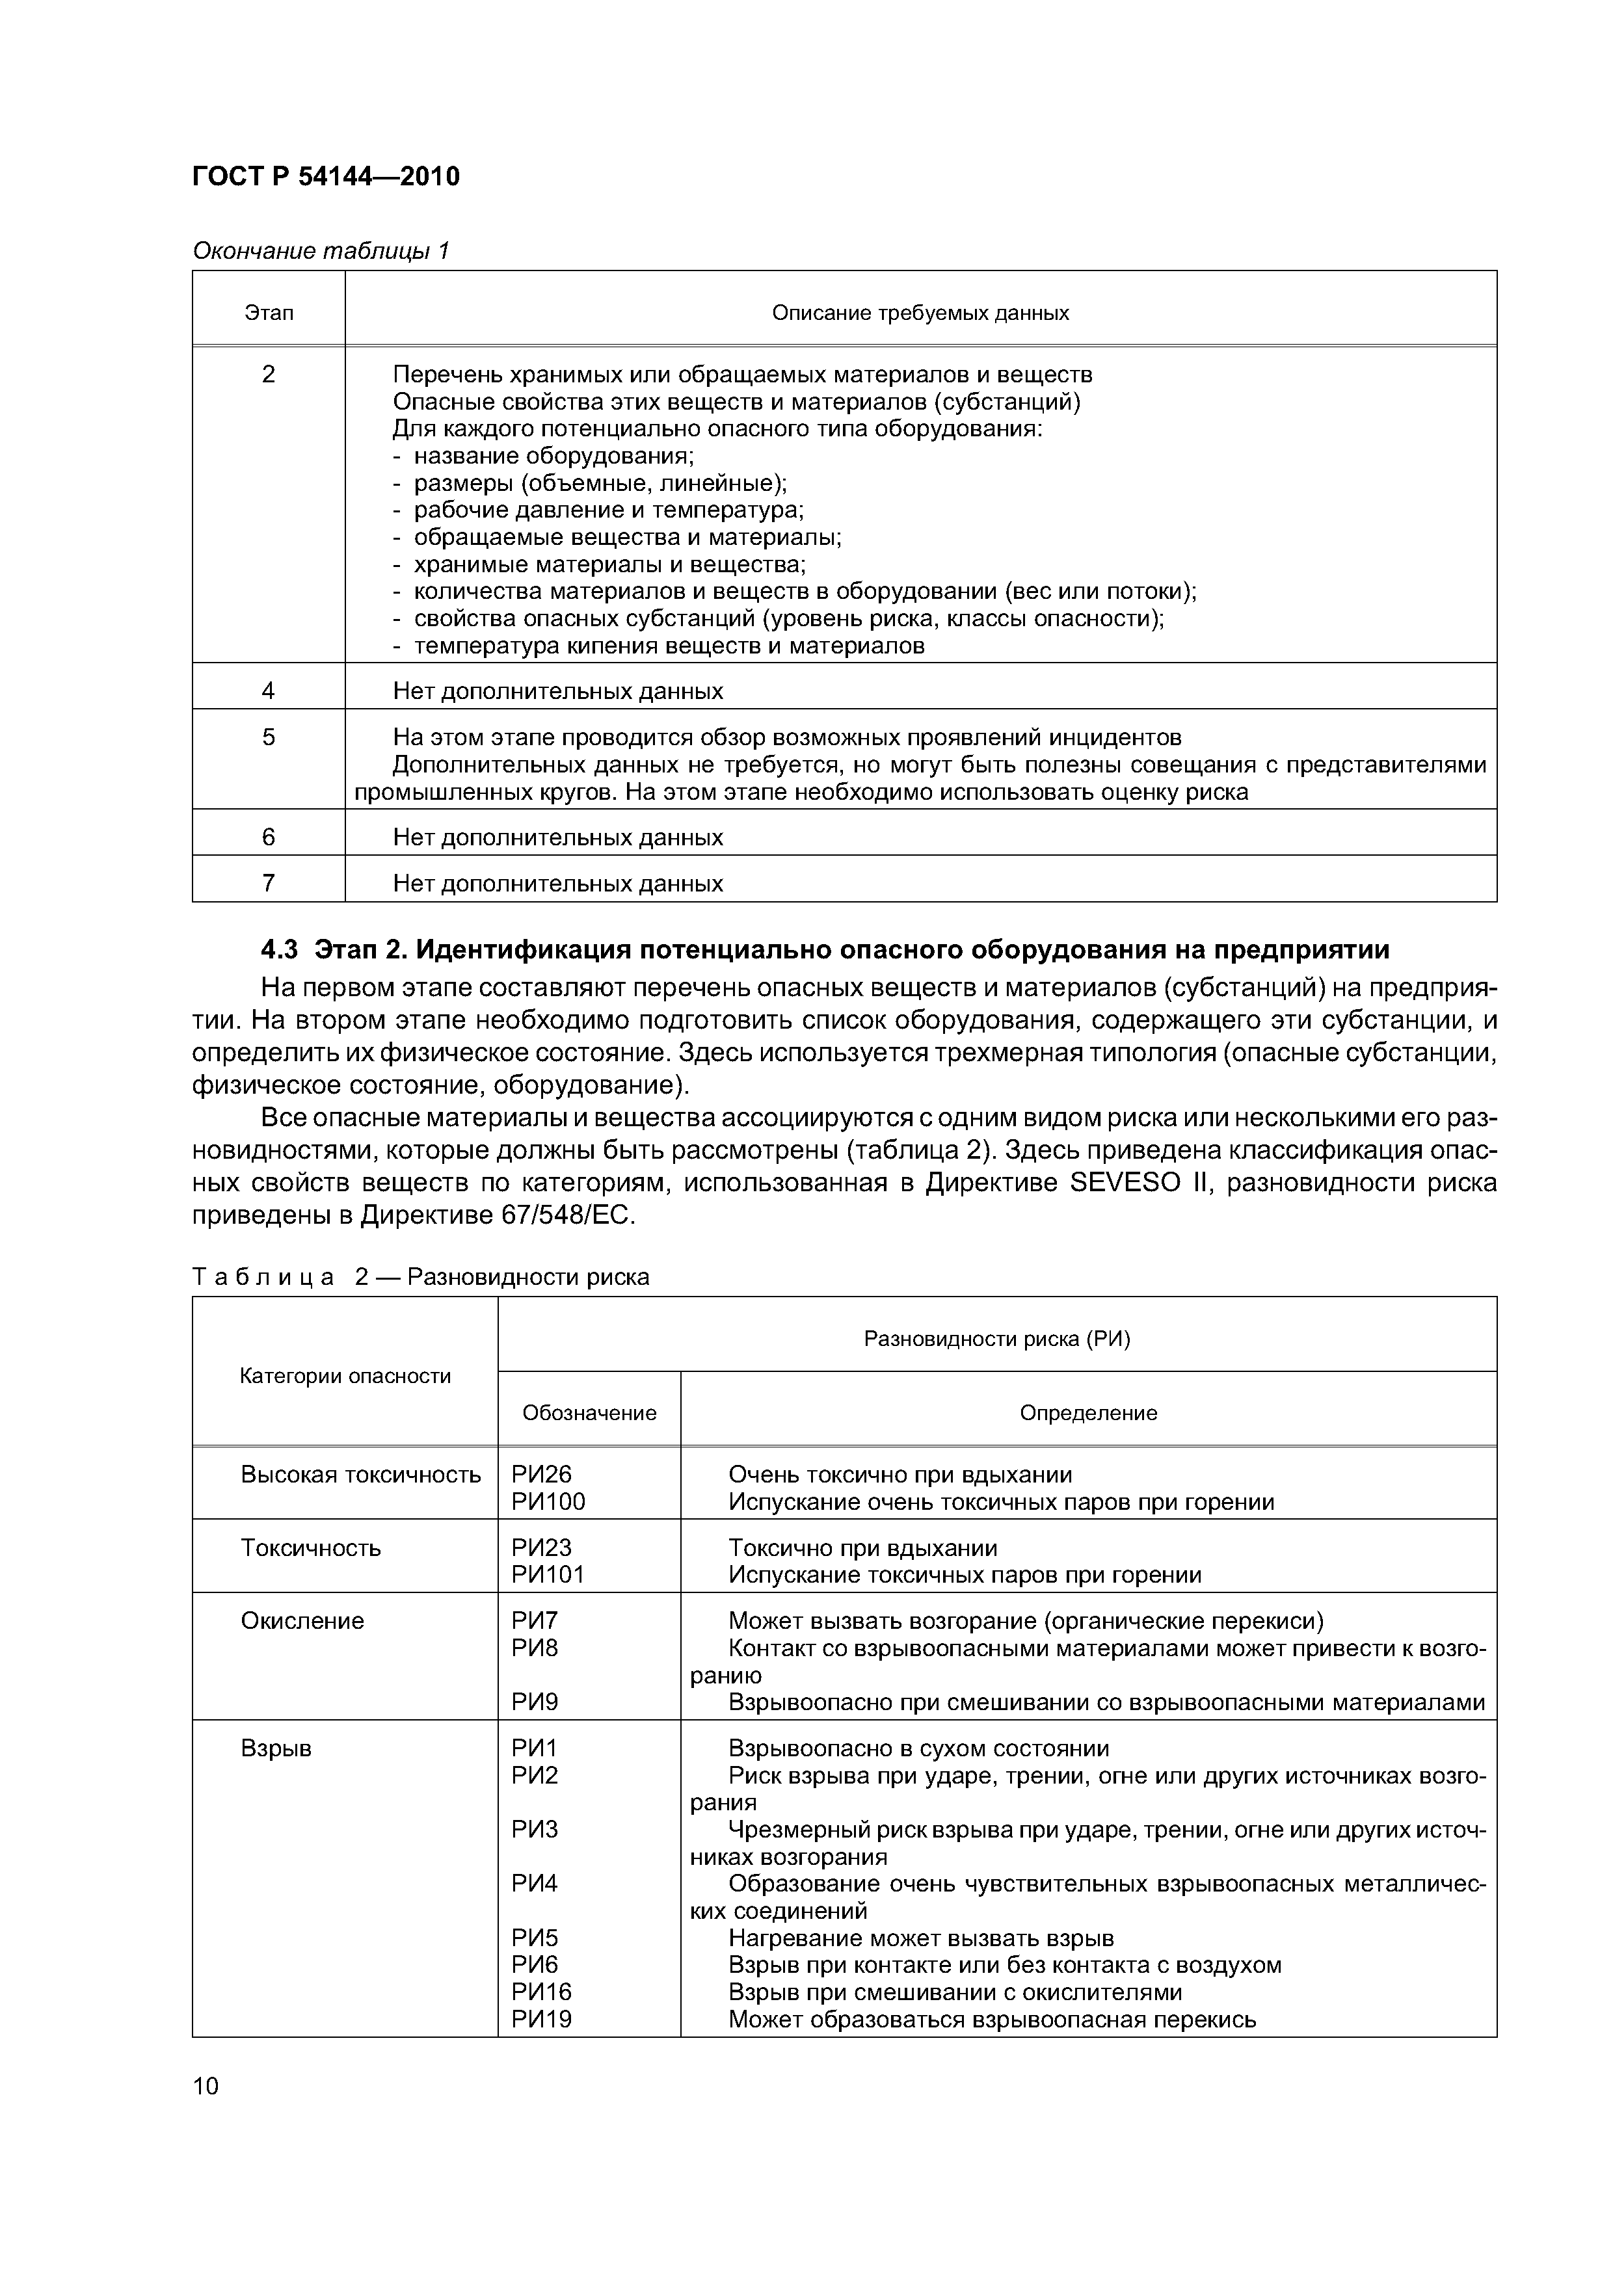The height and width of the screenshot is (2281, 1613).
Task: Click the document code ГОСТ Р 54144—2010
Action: tap(325, 177)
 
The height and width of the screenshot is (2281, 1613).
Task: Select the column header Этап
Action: tap(269, 313)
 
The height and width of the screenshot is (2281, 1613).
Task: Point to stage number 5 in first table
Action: tap(269, 737)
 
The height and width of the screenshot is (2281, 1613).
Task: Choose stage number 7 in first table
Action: tap(269, 883)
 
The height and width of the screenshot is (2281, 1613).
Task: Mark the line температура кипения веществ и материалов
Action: tap(668, 646)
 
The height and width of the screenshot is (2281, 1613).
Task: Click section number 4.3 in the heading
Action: tap(278, 950)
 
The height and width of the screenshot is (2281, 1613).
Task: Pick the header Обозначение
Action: tap(589, 1413)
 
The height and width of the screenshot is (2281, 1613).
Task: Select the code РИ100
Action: tap(548, 1502)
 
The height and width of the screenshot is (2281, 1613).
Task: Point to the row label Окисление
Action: tap(302, 1621)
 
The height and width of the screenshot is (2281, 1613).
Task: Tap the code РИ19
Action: tap(542, 2020)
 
